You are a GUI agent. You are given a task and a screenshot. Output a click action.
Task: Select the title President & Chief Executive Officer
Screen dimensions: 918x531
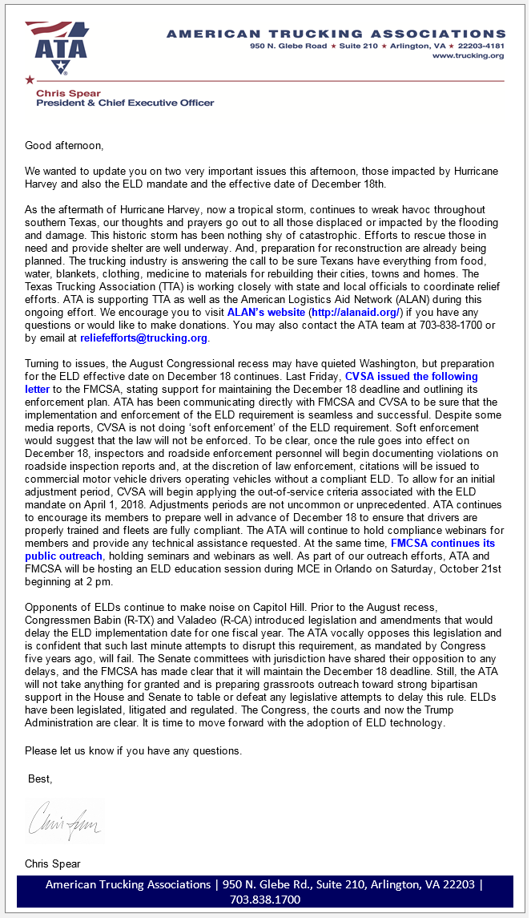[x=125, y=103]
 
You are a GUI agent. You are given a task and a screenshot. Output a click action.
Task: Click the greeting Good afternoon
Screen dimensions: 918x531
[x=64, y=146]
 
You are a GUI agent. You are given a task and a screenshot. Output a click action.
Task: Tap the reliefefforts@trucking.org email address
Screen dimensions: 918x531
[x=143, y=338]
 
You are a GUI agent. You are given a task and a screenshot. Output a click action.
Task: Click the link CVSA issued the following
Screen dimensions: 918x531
[x=411, y=376]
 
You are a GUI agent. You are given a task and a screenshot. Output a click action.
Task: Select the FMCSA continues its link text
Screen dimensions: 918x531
[x=442, y=543]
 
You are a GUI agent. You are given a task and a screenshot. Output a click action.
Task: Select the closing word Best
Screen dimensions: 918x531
[x=39, y=778]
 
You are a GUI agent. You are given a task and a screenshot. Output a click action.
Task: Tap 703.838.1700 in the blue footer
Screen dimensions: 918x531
[x=264, y=900]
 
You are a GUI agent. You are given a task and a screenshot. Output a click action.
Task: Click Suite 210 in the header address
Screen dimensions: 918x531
[x=358, y=46]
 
